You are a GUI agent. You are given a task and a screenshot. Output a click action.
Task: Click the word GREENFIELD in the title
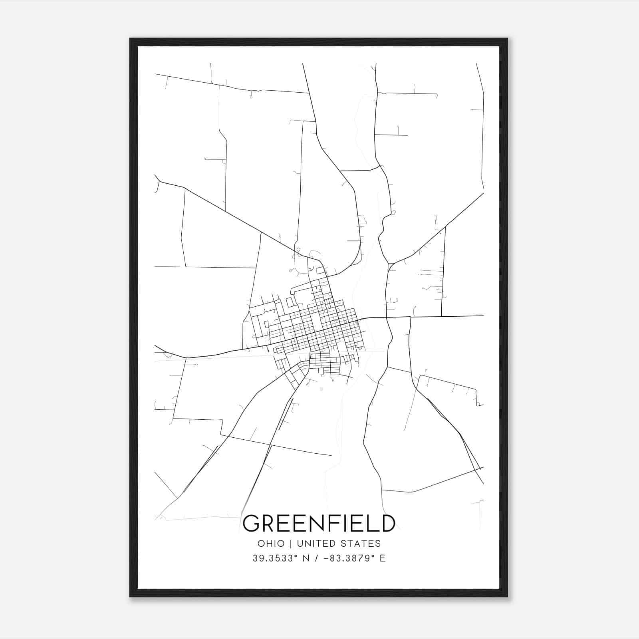tap(319, 524)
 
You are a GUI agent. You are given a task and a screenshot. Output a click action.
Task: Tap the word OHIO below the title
tap(271, 544)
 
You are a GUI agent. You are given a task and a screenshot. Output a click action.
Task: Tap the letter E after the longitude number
tap(383, 558)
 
